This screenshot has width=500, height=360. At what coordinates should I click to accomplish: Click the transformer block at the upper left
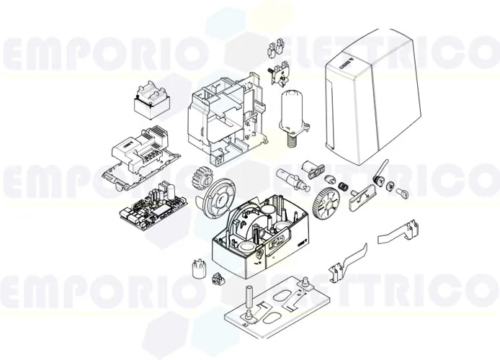(152, 101)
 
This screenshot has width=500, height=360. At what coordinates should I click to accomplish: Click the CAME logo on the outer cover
(351, 60)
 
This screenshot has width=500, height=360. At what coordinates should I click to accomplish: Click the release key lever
(380, 173)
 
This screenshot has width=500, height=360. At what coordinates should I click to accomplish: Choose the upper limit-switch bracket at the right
(399, 234)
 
